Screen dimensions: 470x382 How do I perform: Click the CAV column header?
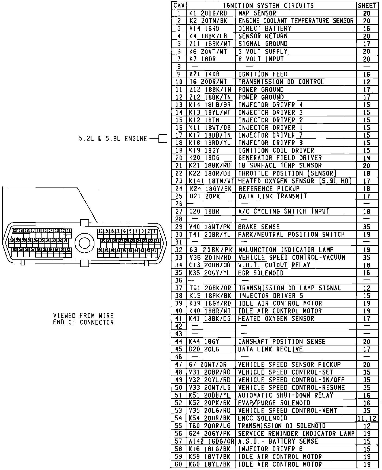179,5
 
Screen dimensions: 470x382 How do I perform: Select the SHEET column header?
367,5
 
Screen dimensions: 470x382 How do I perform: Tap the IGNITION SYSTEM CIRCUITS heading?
268,5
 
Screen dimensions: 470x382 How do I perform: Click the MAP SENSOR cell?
257,13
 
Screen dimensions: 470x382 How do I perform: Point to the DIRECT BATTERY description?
265,28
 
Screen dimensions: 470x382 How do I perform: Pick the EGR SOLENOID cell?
261,273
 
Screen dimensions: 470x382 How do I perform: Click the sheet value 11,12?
367,418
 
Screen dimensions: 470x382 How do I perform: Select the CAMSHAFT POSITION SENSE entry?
282,341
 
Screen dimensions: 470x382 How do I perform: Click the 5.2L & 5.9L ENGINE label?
113,139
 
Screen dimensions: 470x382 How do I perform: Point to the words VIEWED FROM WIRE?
83,316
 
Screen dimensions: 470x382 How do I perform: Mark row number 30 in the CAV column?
179,234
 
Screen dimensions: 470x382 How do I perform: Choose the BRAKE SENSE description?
259,227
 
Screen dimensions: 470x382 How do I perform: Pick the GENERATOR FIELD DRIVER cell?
280,158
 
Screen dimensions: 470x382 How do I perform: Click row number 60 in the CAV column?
179,464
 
